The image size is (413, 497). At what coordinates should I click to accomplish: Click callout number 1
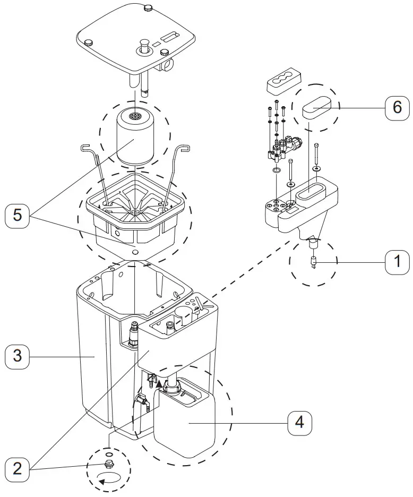coord(393,262)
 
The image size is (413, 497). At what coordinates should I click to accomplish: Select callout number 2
coord(18,468)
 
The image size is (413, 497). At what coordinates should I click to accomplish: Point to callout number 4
coord(299,423)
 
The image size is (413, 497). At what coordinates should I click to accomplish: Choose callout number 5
coord(18,216)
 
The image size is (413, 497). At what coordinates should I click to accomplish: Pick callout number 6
coord(397,107)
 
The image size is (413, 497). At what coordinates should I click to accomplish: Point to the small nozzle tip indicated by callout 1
coord(313,262)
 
